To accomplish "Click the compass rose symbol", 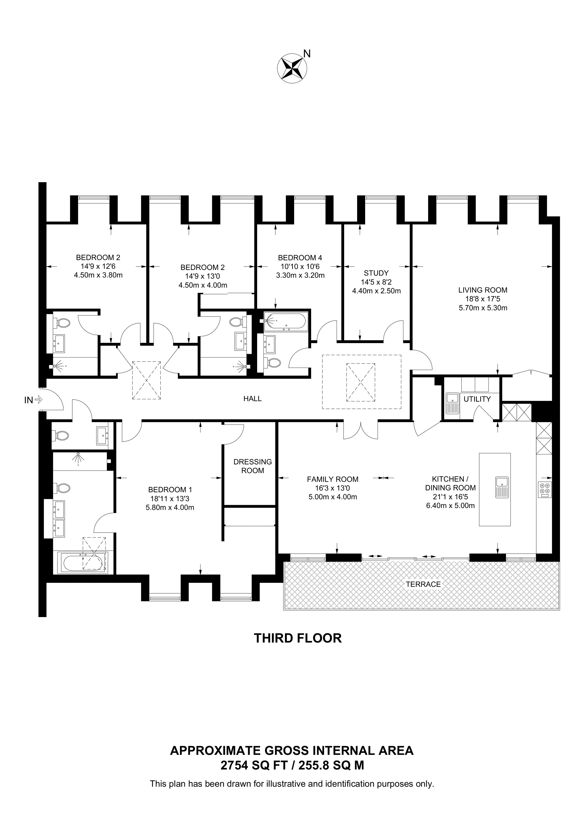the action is [292, 68].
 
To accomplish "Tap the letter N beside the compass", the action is [307, 54].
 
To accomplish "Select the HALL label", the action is [252, 398].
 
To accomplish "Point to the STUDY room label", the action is [376, 273].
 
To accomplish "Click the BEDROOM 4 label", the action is [300, 258].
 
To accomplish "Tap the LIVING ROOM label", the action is [483, 290].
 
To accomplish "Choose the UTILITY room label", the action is [477, 399].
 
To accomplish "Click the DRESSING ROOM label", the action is [253, 466].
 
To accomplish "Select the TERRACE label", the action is [423, 584].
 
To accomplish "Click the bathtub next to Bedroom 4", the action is [285, 321].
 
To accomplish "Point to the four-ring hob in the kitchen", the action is [545, 490].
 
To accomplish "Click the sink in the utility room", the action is [452, 403].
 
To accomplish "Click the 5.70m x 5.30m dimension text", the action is [483, 308].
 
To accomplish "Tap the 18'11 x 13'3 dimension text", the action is [170, 499].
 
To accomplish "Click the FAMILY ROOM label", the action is [333, 479].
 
